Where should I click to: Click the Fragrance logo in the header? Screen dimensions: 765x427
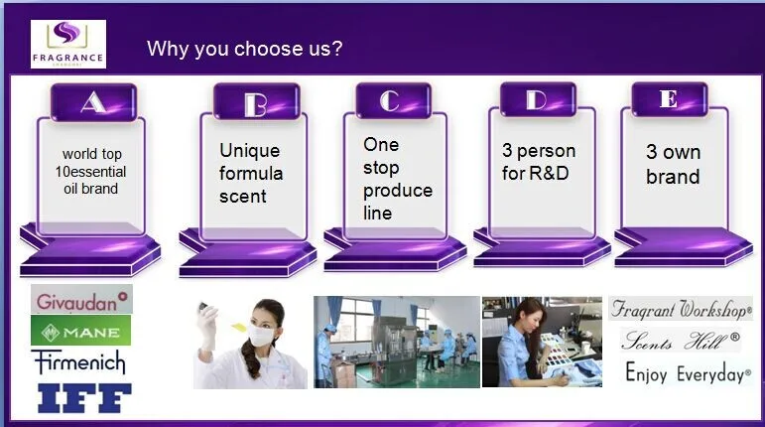click(68, 44)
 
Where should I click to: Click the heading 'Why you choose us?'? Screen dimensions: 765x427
click(245, 49)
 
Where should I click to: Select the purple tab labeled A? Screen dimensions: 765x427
click(93, 102)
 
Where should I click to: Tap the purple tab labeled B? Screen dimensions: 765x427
click(257, 101)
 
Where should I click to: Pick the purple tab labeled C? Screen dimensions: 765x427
click(393, 100)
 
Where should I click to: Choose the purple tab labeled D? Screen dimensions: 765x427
click(538, 100)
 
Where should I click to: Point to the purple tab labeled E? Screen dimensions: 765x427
click(669, 99)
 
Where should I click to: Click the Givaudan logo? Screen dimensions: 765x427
click(81, 299)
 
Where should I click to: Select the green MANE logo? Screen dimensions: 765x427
click(81, 331)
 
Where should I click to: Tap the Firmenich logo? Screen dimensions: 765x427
click(80, 362)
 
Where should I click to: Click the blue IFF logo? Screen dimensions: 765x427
click(85, 398)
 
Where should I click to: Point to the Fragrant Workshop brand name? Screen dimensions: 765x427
click(681, 309)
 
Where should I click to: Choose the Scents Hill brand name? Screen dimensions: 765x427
click(680, 341)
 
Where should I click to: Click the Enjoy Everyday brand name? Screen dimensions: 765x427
click(688, 373)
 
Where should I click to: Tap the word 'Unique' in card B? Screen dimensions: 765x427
click(250, 151)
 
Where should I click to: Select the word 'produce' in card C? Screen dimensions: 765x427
click(398, 191)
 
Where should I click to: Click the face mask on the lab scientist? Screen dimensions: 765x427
click(261, 336)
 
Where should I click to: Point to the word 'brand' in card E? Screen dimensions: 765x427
click(673, 176)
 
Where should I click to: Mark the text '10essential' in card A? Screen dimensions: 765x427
click(90, 172)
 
